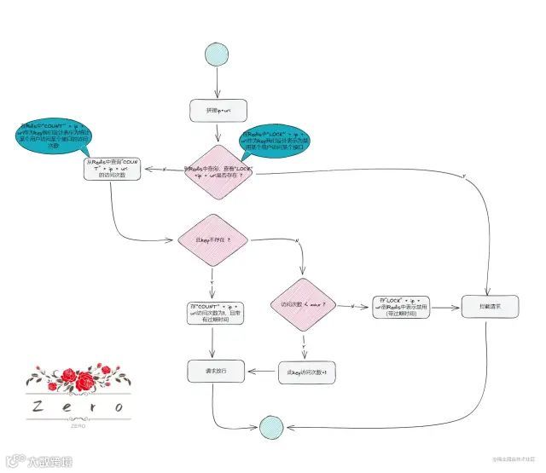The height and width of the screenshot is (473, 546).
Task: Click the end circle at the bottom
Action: point(271,425)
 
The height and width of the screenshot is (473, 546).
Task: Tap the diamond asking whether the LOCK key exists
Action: point(218,168)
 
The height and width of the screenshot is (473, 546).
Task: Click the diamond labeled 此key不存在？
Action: point(213,240)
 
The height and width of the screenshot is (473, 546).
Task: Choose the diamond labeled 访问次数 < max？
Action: point(303,304)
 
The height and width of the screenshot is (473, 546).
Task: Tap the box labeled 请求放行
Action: point(213,371)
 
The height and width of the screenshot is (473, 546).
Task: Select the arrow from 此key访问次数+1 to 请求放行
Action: point(261,372)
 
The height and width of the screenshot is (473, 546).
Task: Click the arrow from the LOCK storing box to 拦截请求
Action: point(445,307)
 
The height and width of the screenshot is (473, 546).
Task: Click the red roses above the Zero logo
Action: point(78,379)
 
